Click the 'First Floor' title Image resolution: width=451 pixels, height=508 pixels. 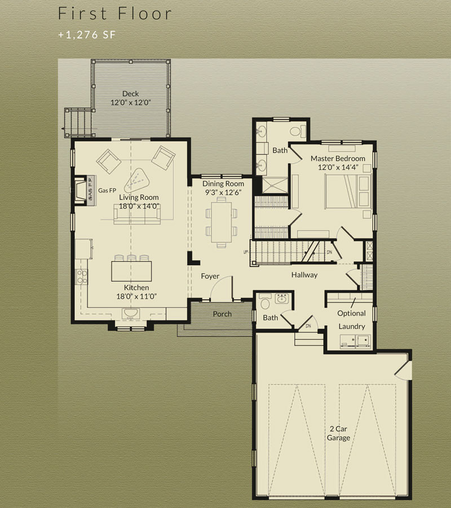tap(115, 14)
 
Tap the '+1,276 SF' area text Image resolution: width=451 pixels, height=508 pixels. tap(87, 34)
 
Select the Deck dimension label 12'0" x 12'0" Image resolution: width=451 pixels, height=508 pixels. tap(131, 103)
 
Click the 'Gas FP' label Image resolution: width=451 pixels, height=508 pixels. tap(107, 191)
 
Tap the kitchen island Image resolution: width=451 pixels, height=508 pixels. tap(131, 271)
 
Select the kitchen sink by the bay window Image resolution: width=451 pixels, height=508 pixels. tap(131, 313)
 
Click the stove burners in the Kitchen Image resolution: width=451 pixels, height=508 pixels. tap(81, 277)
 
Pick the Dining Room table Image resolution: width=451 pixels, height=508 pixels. tap(222, 222)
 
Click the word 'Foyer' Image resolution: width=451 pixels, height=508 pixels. tap(210, 276)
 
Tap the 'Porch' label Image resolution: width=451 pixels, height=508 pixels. tap(222, 314)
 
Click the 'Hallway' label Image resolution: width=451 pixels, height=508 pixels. tap(304, 275)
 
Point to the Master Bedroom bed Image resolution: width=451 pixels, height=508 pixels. tap(348, 191)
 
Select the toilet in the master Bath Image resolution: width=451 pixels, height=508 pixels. tap(298, 131)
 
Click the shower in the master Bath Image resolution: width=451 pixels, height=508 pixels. tap(275, 185)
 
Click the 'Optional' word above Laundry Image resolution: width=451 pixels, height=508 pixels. tap(351, 313)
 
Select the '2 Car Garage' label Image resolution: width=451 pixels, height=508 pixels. tap(338, 433)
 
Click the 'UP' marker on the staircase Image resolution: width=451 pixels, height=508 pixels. tap(246, 252)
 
